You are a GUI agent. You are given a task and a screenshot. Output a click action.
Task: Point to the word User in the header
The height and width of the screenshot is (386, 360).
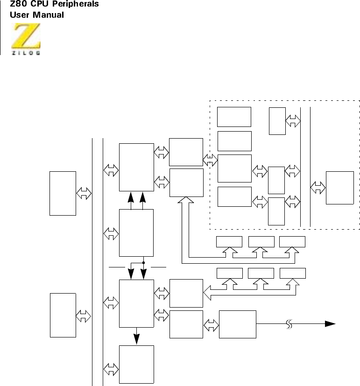(20, 14)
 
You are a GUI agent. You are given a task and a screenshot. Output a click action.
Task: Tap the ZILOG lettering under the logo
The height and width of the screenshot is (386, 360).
(26, 53)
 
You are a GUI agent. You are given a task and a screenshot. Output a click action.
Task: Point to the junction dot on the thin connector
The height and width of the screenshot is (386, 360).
(143, 263)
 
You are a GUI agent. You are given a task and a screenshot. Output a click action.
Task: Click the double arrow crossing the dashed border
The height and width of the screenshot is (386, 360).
(211, 161)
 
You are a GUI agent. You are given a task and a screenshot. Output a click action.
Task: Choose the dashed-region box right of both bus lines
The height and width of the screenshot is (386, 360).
(339, 188)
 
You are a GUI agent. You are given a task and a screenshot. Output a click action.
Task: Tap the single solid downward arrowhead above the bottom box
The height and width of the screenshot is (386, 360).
(136, 341)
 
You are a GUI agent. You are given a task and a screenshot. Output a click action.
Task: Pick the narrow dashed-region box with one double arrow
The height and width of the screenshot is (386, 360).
(277, 121)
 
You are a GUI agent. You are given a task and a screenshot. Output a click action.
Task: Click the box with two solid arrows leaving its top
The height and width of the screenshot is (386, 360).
(136, 232)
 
